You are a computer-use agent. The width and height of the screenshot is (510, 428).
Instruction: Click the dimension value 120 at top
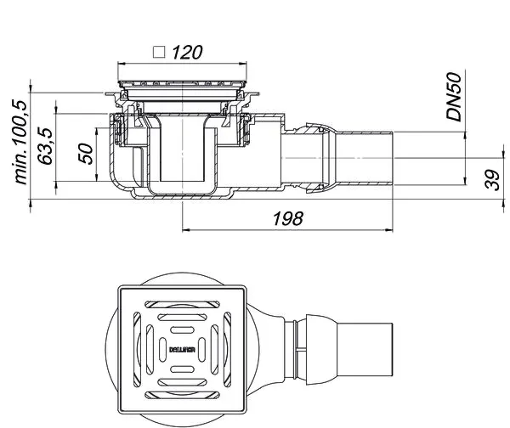(187, 53)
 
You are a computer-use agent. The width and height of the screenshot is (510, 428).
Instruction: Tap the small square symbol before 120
(159, 52)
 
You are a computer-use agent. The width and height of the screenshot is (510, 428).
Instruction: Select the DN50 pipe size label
(454, 97)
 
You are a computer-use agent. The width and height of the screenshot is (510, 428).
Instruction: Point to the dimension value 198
(288, 218)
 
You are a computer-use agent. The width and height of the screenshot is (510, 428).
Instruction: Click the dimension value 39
(492, 179)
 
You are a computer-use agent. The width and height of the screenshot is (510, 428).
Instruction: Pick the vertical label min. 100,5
(20, 143)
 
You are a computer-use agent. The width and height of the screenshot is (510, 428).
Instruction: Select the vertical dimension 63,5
(45, 146)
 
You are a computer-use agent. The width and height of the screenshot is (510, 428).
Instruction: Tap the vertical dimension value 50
(86, 153)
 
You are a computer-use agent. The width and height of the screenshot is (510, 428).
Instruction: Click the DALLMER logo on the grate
(182, 350)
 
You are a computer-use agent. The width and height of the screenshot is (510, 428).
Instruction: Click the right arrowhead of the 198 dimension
(388, 230)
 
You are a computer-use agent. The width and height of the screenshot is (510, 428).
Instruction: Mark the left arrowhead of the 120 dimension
(122, 63)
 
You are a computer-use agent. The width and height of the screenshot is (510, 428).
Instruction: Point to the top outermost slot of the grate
(182, 305)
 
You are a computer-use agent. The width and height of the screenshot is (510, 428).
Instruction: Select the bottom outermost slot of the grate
(182, 395)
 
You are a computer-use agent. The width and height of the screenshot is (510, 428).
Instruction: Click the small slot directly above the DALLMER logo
(182, 330)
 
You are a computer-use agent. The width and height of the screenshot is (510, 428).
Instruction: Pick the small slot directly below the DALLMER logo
(182, 369)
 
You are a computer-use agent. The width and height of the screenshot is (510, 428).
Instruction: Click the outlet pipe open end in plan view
(392, 350)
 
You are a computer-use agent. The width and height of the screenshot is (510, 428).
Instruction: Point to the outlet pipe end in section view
(393, 158)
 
